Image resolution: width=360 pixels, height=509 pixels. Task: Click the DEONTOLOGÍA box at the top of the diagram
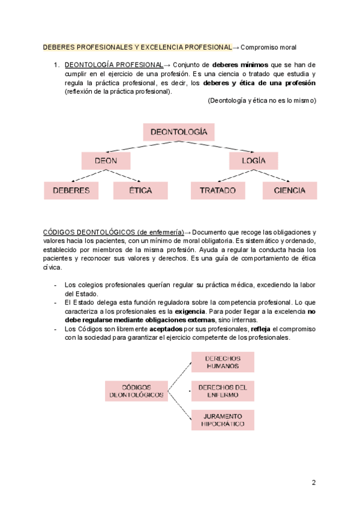coord(179,132)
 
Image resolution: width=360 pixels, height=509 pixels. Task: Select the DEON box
coord(106,161)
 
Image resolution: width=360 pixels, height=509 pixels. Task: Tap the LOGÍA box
coord(254,161)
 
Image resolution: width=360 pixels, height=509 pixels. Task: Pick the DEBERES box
coord(71,191)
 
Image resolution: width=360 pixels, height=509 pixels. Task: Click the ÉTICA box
coord(140,191)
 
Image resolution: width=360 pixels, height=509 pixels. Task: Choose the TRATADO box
coord(218,191)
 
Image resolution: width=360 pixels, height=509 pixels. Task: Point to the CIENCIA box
coord(289,191)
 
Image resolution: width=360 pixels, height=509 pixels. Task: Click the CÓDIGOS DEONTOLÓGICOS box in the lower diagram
coord(136,391)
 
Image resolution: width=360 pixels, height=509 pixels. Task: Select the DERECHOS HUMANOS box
coord(223,362)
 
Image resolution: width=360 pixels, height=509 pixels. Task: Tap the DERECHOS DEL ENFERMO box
coord(223,391)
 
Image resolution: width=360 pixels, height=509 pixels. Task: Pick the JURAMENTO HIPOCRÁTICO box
coord(223,420)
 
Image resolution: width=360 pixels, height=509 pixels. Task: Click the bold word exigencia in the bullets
coord(190,312)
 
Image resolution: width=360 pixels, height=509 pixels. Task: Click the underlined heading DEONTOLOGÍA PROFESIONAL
coord(113,65)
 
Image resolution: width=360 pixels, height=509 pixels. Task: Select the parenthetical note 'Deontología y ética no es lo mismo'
coord(262,101)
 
